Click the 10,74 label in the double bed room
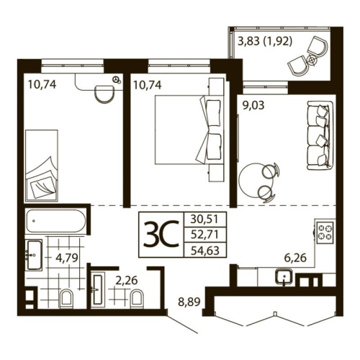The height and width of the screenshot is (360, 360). [147, 84]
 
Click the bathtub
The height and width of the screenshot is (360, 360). [56, 222]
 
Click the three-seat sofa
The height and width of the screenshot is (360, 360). [318, 135]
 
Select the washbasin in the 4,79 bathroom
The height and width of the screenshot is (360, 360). [33, 253]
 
